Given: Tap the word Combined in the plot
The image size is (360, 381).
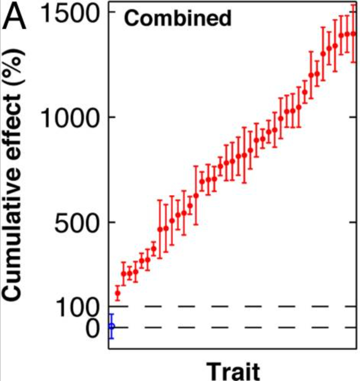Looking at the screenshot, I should point(177,18).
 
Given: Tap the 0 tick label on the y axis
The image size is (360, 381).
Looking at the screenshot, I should point(92,327).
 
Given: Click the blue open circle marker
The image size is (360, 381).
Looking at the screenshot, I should point(112,326).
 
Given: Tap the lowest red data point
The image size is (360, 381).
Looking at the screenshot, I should point(118,293).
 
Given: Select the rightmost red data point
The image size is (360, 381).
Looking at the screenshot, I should point(353,34).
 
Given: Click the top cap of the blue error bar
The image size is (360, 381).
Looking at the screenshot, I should point(112,314).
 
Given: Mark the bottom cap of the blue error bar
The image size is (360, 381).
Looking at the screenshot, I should point(112,338).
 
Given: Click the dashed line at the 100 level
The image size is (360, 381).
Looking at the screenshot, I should point(236,306).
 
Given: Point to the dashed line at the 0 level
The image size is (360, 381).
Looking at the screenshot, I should point(236,327).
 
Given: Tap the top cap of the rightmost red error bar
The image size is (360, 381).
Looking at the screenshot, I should point(353,5).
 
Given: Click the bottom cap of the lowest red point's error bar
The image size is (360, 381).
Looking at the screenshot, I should point(118,301).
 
